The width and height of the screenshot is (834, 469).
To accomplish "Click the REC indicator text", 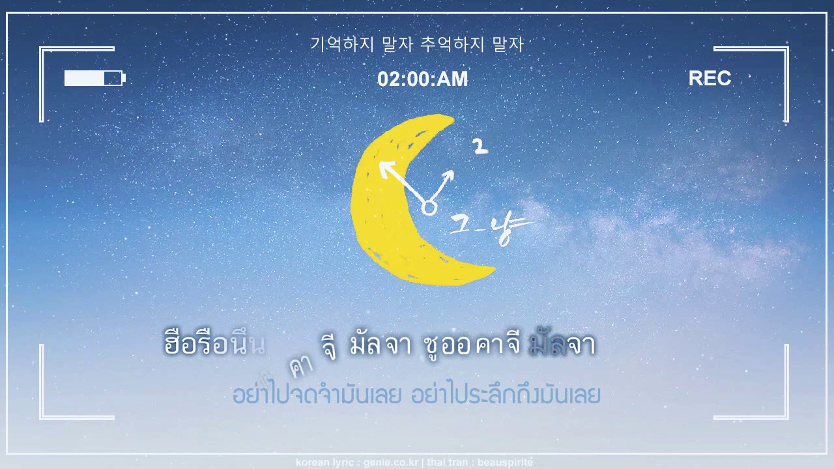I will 710,79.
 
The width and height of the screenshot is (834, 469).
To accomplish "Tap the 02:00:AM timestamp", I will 422,79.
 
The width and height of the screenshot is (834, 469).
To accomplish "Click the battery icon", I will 94,78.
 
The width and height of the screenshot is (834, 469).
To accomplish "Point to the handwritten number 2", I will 480,147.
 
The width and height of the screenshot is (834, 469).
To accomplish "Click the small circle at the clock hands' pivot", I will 429,208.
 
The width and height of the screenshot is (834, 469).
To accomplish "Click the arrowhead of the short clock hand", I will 449,176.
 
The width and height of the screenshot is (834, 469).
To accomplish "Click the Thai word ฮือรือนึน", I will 214,343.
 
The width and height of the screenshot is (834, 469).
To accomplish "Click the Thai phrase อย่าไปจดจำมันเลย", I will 317,394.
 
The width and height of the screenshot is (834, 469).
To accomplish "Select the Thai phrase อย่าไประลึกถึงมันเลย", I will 506,394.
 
